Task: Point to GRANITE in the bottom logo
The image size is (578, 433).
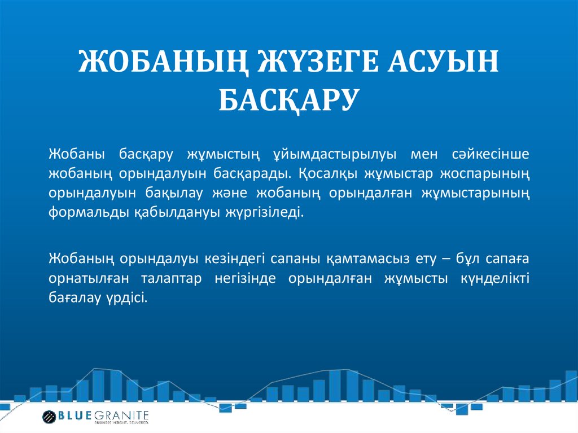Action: [x=123, y=415]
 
